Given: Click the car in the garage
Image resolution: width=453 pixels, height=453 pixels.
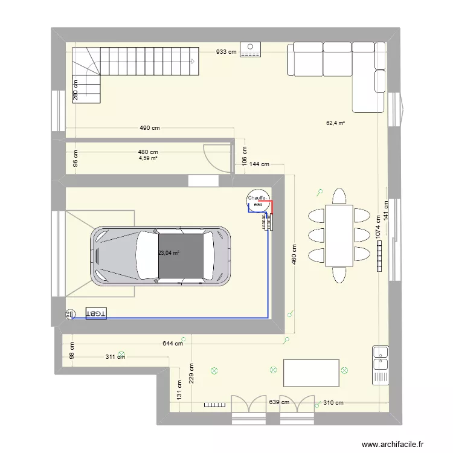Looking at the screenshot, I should [x=161, y=255].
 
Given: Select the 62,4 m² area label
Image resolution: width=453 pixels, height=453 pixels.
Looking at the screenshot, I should [x=335, y=123].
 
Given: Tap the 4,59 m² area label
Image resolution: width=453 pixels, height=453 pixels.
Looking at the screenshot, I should [x=148, y=158].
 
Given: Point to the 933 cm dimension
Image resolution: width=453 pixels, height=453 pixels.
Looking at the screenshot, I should [x=226, y=52].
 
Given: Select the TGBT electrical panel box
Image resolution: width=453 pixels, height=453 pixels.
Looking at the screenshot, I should [x=95, y=313].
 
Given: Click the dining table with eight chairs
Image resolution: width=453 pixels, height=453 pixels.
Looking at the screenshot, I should [x=339, y=236].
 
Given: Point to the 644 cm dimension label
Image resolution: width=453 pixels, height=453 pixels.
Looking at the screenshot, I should [x=173, y=344].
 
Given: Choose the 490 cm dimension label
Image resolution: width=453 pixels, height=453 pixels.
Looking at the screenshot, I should [x=149, y=128].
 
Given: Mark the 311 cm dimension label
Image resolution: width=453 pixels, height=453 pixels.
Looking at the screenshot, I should [x=115, y=356].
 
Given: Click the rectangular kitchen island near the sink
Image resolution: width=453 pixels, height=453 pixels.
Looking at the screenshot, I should [x=311, y=373].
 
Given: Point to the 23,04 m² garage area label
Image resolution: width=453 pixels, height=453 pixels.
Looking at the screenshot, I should [x=169, y=254].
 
